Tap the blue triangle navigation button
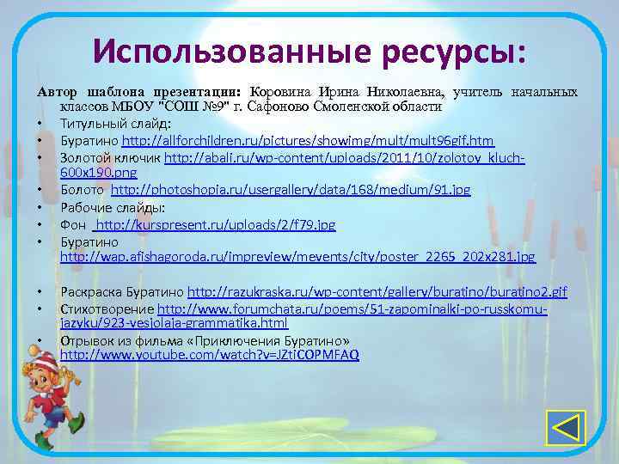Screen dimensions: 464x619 coord(566,428)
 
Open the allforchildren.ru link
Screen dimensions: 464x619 coord(308,140)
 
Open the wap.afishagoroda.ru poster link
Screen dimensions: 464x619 coord(297,256)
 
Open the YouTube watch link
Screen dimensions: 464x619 coord(210,354)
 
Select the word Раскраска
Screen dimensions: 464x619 coord(90,292)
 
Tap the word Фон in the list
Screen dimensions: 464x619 coord(72,224)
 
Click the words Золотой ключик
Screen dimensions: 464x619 coord(109,158)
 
